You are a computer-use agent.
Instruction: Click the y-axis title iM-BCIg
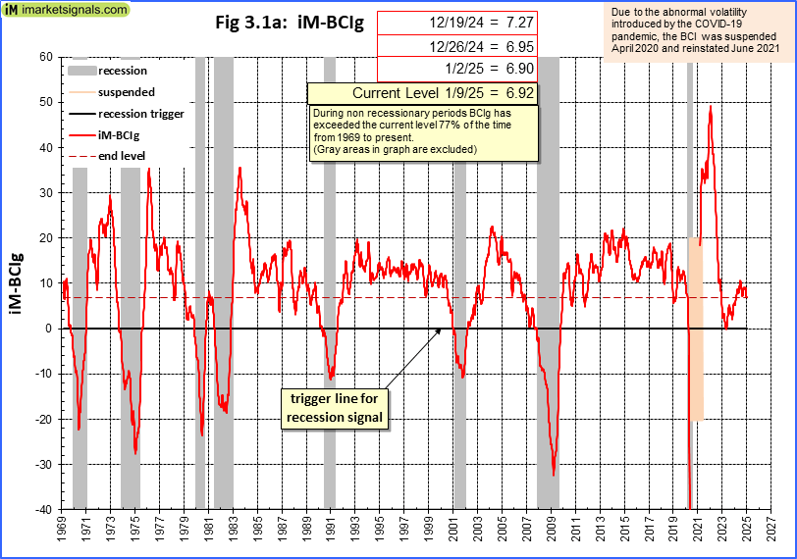pos(18,282)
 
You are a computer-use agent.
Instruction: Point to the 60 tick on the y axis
pos(45,57)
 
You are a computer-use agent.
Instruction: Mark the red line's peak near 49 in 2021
pos(710,106)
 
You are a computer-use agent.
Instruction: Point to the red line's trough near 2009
pos(554,475)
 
